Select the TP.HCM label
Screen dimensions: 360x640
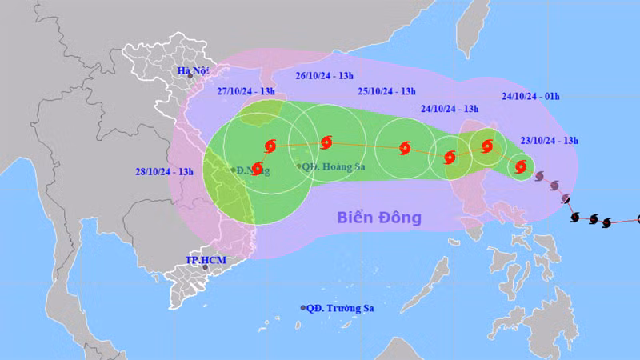click(202, 260)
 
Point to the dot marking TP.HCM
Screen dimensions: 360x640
click(205, 267)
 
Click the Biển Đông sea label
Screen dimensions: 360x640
click(378, 217)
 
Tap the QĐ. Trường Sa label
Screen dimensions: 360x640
click(342, 308)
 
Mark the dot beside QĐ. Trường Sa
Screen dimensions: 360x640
click(303, 308)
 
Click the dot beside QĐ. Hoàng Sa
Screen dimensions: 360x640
click(300, 166)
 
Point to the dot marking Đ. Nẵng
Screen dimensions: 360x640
click(234, 170)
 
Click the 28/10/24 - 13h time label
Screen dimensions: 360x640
click(165, 171)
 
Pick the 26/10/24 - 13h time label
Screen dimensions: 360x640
click(326, 76)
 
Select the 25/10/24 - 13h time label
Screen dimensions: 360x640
click(386, 91)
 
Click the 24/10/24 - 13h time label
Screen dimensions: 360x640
click(449, 108)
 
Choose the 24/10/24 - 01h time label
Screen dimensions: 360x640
click(530, 95)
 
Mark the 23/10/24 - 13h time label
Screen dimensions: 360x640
click(550, 140)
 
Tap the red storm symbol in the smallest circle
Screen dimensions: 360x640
click(521, 167)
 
